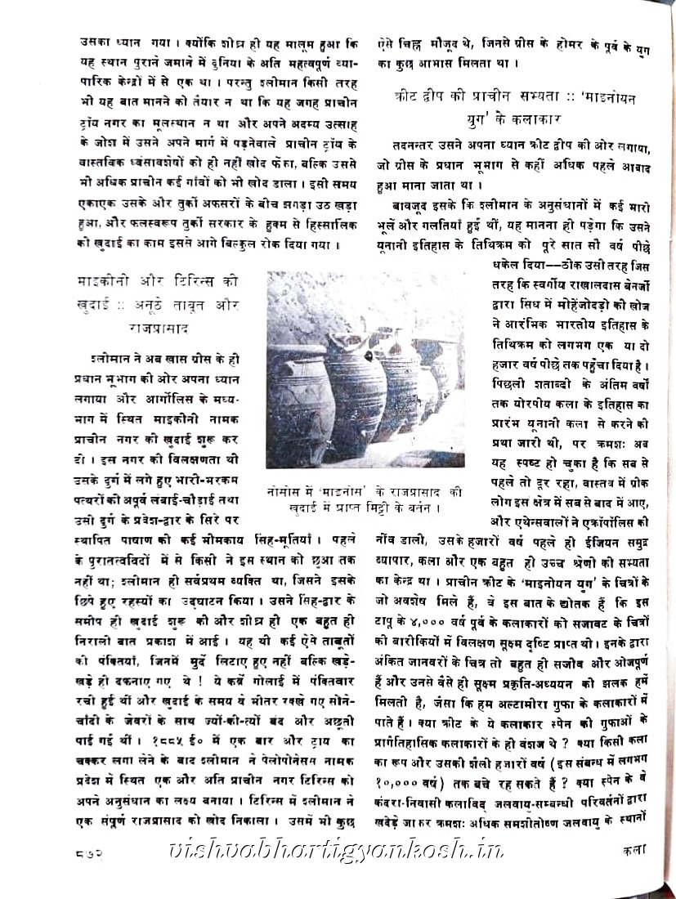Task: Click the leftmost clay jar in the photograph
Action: tap(302, 396)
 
